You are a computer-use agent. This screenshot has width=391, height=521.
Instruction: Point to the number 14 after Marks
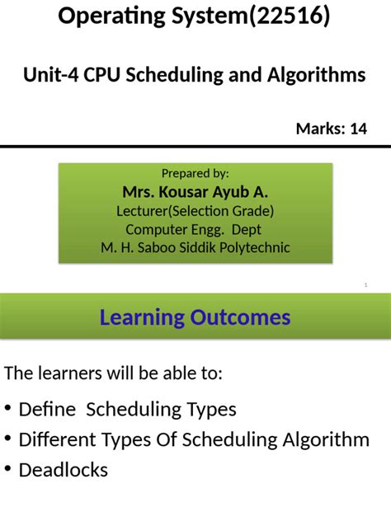(357, 129)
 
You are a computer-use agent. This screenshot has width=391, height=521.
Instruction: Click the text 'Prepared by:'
(195, 173)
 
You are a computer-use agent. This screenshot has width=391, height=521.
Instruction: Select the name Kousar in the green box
(192, 192)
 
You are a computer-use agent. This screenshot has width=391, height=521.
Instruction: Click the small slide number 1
(365, 285)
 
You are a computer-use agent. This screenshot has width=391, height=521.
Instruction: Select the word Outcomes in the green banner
(243, 317)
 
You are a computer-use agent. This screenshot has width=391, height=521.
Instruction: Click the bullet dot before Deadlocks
(8, 470)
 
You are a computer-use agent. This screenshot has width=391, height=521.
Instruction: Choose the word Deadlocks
(64, 470)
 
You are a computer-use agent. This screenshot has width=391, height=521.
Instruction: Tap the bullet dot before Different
(8, 439)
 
